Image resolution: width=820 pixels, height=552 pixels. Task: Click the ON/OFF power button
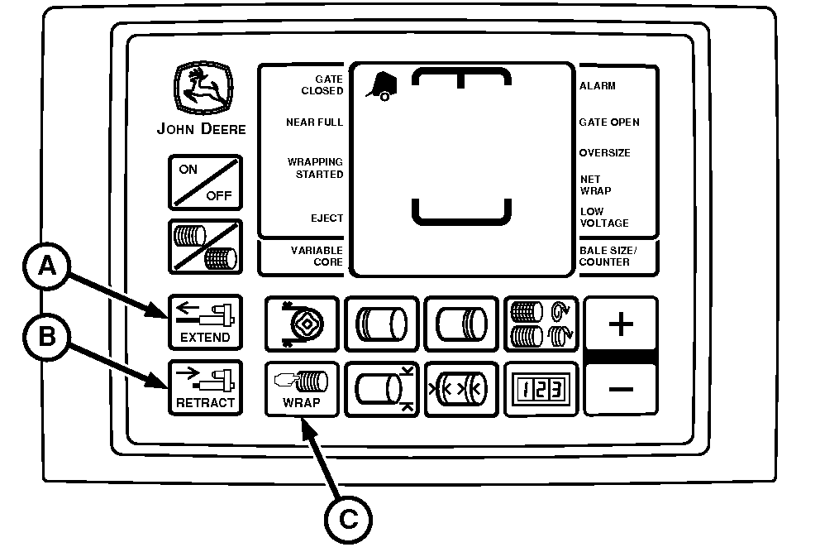click(x=205, y=182)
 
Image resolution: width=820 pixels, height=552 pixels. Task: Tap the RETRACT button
click(x=205, y=387)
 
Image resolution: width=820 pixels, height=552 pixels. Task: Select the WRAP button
click(x=302, y=389)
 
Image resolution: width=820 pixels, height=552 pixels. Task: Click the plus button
click(x=621, y=323)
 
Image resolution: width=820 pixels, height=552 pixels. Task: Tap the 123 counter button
click(x=541, y=389)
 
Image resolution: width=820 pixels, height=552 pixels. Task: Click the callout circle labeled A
click(x=47, y=266)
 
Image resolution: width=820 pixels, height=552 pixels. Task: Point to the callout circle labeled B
click(x=47, y=336)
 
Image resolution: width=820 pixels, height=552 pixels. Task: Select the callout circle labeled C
click(x=348, y=520)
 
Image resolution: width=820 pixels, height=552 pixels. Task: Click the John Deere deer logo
click(x=203, y=88)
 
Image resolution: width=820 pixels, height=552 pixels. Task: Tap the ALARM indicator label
click(x=597, y=86)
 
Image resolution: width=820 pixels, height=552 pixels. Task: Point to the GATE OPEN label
click(x=609, y=122)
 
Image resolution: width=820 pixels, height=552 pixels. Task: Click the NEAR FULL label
click(x=314, y=122)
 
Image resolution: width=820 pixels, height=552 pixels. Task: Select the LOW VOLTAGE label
click(x=604, y=218)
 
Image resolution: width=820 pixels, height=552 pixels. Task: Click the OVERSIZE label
click(x=604, y=153)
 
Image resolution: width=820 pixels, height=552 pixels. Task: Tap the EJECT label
click(x=327, y=218)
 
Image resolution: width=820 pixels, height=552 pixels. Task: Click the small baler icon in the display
click(x=382, y=86)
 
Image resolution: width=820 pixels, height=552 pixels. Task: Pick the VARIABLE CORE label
click(x=317, y=256)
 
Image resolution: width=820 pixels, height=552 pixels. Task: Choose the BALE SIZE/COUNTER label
click(x=608, y=256)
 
